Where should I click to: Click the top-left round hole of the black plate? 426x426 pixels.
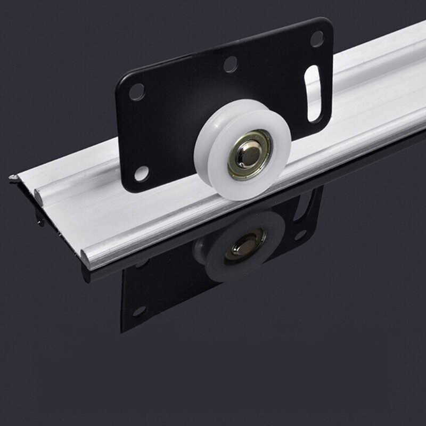[136, 92]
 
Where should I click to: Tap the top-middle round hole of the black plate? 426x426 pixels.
[231, 64]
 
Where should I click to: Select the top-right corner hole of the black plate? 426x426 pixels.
[317, 38]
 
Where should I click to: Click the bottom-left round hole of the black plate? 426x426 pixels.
[142, 173]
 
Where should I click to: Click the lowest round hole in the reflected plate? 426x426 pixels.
[139, 310]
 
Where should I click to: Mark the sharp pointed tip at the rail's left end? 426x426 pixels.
[11, 177]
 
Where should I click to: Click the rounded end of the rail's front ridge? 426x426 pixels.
[85, 259]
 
